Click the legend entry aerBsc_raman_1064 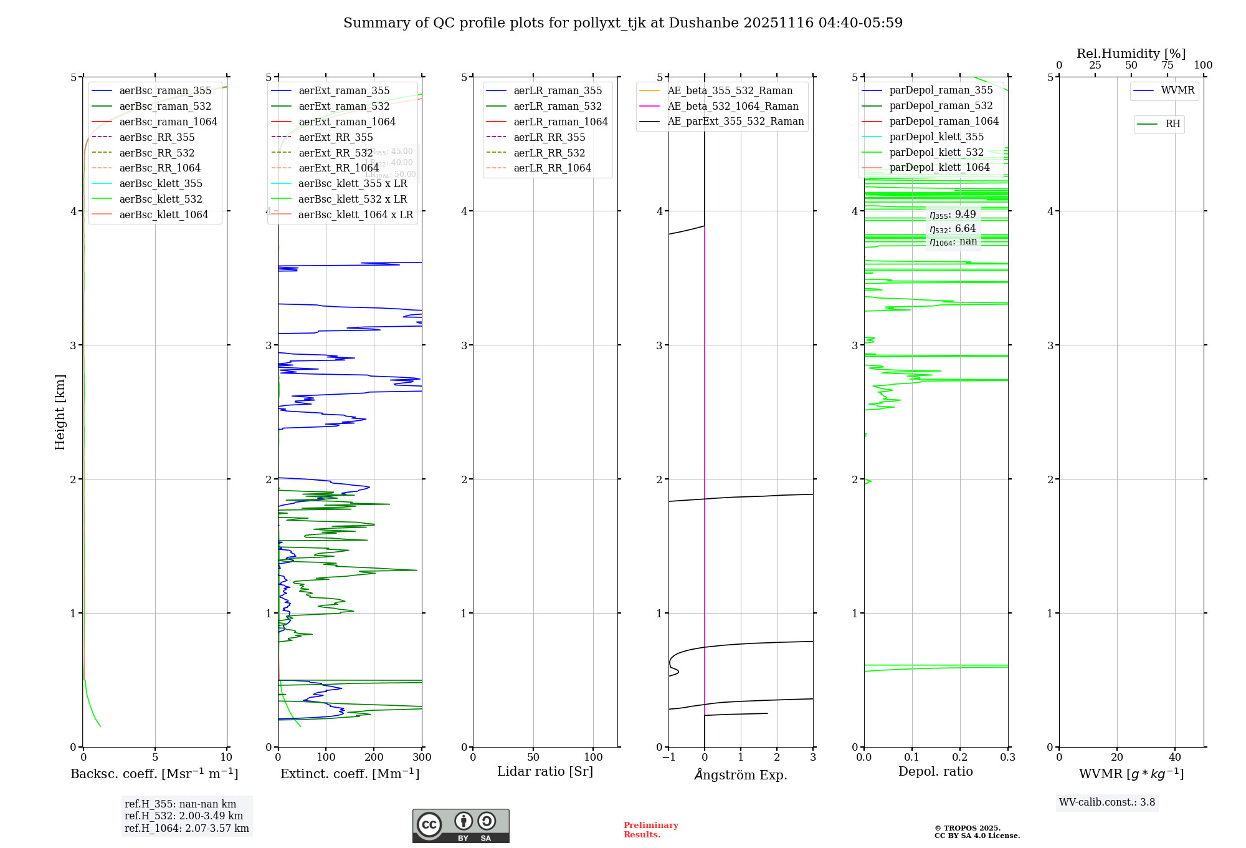[168, 122]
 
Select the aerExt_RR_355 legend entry [335, 138]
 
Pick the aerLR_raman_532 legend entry [558, 107]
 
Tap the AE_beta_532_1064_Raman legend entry [733, 107]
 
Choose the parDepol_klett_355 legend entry [936, 137]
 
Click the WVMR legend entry [1177, 91]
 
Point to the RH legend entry [1172, 124]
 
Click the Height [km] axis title [60, 412]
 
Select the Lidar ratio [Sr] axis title [545, 772]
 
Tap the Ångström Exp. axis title [741, 775]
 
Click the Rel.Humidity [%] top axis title [1131, 54]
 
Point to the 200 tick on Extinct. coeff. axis [374, 758]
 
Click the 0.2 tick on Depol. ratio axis [960, 758]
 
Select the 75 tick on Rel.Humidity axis [1168, 65]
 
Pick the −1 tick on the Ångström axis [668, 758]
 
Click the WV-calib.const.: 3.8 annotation [1107, 802]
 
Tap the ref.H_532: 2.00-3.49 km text [184, 816]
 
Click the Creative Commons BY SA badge [460, 826]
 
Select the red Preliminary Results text [650, 830]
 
